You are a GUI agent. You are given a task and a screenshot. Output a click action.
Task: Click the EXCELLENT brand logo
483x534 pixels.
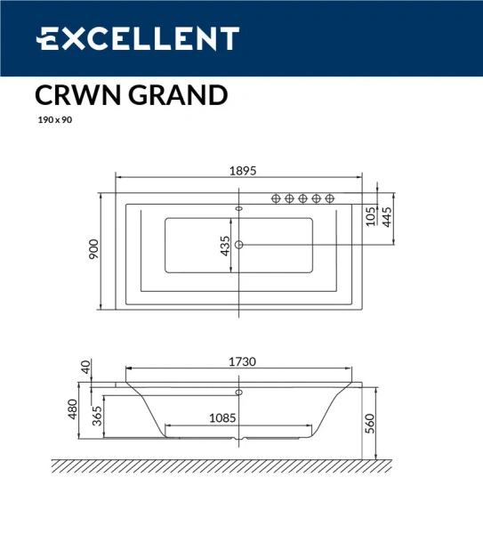pyautogui.click(x=137, y=39)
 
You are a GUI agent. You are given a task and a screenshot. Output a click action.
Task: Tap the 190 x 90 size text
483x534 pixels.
pyautogui.click(x=54, y=120)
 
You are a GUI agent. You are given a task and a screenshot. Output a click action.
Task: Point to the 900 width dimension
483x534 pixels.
pyautogui.click(x=93, y=250)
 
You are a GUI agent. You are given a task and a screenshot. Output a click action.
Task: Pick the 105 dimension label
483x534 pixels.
pyautogui.click(x=370, y=216)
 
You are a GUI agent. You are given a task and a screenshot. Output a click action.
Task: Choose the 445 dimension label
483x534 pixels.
pyautogui.click(x=387, y=216)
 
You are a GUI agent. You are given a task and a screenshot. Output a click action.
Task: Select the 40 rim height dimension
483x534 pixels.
pyautogui.click(x=86, y=366)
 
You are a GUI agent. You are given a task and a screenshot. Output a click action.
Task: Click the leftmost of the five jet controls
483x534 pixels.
pyautogui.click(x=277, y=198)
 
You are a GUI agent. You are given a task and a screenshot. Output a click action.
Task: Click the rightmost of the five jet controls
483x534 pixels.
pyautogui.click(x=330, y=198)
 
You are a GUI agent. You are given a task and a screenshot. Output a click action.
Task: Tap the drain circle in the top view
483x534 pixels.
pyautogui.click(x=239, y=244)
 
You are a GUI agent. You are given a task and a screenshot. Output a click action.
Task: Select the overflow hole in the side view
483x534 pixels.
pyautogui.click(x=238, y=391)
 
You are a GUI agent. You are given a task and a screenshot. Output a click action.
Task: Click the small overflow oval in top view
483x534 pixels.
pyautogui.click(x=238, y=209)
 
